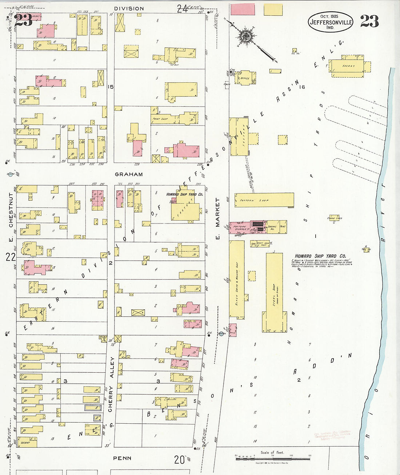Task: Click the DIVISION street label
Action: (x=129, y=8)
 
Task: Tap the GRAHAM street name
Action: (x=129, y=174)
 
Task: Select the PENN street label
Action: (x=122, y=458)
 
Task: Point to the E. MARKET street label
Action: (x=218, y=218)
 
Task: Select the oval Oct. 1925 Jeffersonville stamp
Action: (x=330, y=22)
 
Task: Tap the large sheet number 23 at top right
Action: (x=369, y=21)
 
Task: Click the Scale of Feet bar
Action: (x=273, y=458)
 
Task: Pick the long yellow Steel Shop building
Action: (x=274, y=293)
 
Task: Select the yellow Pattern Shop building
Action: (x=264, y=200)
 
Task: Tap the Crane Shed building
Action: (x=334, y=218)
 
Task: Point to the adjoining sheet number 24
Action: (x=182, y=9)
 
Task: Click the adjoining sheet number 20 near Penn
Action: (x=179, y=460)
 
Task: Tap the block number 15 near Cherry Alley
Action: (x=111, y=87)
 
